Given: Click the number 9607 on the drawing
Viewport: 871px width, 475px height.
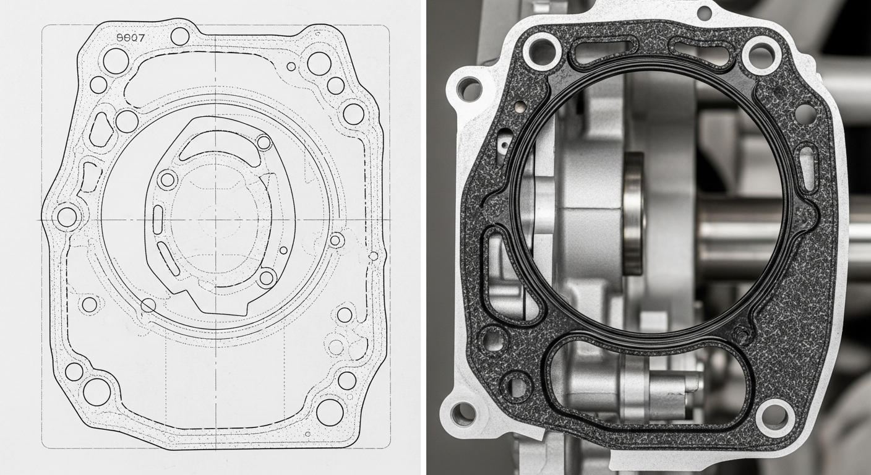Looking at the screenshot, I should tap(130, 37).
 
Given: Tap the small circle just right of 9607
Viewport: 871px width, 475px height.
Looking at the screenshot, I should tap(179, 36).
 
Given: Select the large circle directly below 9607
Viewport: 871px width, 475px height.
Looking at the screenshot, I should tap(116, 61).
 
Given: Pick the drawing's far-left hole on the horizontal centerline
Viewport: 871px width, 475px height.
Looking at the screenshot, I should tap(67, 217).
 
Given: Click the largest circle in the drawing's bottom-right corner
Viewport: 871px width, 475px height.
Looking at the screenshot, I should tap(330, 412).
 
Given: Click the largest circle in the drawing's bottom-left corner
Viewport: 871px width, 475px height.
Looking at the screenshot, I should tap(97, 392).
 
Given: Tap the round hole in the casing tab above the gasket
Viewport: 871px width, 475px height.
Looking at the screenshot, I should tap(704, 12).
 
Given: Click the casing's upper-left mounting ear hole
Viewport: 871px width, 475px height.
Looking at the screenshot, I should tap(469, 89).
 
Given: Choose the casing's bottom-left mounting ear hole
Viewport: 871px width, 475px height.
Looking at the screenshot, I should tap(463, 413).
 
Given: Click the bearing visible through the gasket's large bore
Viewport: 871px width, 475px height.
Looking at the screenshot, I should tap(633, 213).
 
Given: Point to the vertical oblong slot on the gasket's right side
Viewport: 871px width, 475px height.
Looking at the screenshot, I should tap(807, 166).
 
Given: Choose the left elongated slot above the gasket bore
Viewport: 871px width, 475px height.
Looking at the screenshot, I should tap(603, 52).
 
